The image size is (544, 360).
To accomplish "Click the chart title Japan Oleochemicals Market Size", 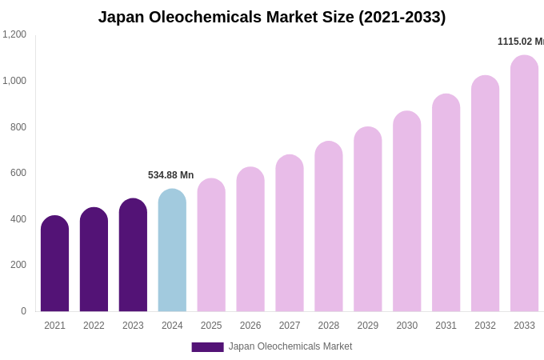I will (272, 17).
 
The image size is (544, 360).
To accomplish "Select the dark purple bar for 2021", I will (54, 264).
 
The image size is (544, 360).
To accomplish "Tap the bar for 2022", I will (94, 260).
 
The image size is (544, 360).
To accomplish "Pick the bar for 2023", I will (133, 256).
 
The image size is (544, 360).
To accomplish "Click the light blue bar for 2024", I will (172, 251).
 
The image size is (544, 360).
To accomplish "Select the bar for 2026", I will (250, 240).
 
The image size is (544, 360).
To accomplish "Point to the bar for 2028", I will (329, 227).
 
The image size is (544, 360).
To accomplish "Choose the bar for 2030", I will (406, 212).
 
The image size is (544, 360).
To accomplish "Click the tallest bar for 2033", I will (524, 184).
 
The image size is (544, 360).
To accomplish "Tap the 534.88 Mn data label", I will (170, 175).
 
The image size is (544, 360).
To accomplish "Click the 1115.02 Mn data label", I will (520, 42).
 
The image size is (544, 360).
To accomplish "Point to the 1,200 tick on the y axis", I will (14, 34).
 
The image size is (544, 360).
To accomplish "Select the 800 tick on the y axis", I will (18, 126).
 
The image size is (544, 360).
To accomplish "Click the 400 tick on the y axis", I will (18, 218).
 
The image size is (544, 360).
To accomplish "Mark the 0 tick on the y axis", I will (23, 311).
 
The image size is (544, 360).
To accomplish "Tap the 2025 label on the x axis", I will (211, 326).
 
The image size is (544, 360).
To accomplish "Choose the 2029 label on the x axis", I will (368, 326).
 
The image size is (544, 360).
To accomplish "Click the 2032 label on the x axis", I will (485, 326).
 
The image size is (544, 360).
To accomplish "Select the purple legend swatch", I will (207, 347).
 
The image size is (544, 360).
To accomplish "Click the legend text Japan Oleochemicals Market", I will (290, 346).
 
